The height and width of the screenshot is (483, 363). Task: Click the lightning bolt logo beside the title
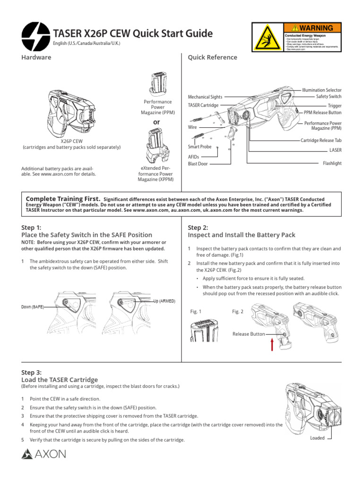pyautogui.click(x=35, y=34)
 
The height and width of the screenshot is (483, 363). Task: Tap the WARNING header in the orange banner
pyautogui.click(x=312, y=28)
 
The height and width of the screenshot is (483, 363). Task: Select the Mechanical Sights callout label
pyautogui.click(x=205, y=97)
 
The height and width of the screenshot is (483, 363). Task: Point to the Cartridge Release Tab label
pyautogui.click(x=321, y=141)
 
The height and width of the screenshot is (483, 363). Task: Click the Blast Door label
pyautogui.click(x=198, y=164)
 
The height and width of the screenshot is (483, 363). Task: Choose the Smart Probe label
pyautogui.click(x=199, y=147)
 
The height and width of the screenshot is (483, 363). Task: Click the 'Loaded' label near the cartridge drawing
pyautogui.click(x=317, y=438)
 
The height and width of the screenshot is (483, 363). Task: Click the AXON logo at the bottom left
pyautogui.click(x=44, y=455)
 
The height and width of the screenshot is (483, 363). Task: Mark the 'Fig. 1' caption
pyautogui.click(x=196, y=311)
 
